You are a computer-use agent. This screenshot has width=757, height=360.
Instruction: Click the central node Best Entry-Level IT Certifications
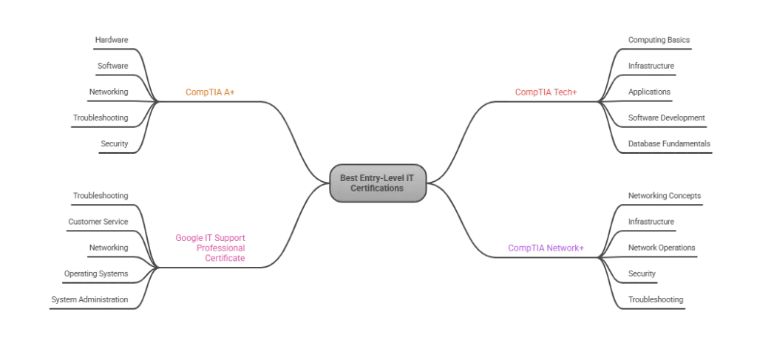pyautogui.click(x=378, y=183)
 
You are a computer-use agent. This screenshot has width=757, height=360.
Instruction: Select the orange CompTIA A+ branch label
pyautogui.click(x=210, y=92)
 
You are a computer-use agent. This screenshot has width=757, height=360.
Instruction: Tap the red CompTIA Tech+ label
pyautogui.click(x=546, y=92)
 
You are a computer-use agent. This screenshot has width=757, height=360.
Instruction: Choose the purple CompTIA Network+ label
pyautogui.click(x=546, y=248)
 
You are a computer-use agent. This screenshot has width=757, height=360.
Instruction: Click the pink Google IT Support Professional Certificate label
pyautogui.click(x=211, y=248)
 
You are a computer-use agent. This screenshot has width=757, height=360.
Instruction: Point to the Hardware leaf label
pyautogui.click(x=112, y=40)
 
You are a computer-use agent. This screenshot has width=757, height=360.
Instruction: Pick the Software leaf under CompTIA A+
pyautogui.click(x=113, y=66)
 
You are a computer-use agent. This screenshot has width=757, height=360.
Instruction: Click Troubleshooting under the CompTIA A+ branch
pyautogui.click(x=101, y=118)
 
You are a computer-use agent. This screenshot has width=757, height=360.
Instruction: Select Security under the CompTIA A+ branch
pyautogui.click(x=115, y=144)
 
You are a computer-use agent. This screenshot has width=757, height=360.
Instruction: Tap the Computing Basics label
pyautogui.click(x=659, y=40)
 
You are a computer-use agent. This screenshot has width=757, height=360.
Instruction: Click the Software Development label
pyautogui.click(x=667, y=118)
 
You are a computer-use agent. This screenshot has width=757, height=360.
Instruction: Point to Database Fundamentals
pyautogui.click(x=669, y=144)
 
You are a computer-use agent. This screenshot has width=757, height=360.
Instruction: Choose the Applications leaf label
pyautogui.click(x=649, y=92)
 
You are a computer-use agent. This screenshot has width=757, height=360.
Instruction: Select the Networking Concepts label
pyautogui.click(x=665, y=196)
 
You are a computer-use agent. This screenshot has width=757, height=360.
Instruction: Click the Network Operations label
pyautogui.click(x=662, y=248)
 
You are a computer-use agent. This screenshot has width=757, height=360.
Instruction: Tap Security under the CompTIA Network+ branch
pyautogui.click(x=642, y=274)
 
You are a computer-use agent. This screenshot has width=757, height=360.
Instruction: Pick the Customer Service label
pyautogui.click(x=98, y=222)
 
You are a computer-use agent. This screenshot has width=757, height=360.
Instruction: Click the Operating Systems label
pyautogui.click(x=96, y=274)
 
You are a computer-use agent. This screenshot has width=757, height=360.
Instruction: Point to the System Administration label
pyautogui.click(x=89, y=299)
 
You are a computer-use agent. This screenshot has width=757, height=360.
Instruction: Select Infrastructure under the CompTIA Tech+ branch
pyautogui.click(x=651, y=66)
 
